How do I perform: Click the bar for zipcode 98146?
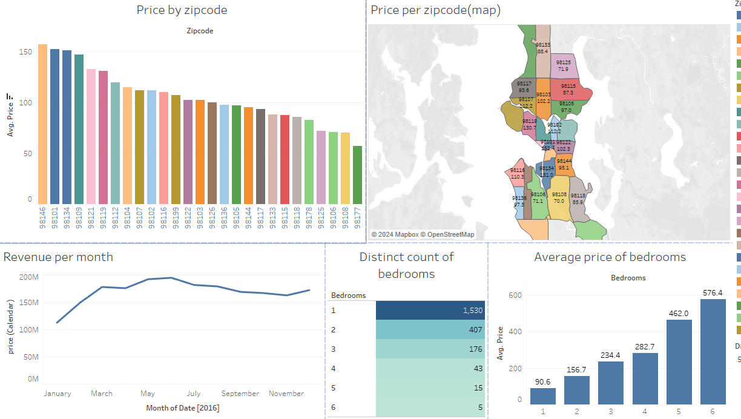(x=42, y=124)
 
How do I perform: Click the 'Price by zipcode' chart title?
(x=182, y=10)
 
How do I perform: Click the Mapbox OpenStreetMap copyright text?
(x=423, y=234)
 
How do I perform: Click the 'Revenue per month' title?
(x=58, y=257)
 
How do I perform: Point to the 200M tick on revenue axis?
(x=28, y=277)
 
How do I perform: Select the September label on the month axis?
(x=240, y=394)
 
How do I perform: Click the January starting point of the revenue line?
(x=56, y=323)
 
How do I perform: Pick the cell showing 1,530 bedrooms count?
(x=430, y=310)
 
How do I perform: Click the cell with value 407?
(x=430, y=330)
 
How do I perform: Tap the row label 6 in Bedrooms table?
(x=334, y=407)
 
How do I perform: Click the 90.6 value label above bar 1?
(x=542, y=381)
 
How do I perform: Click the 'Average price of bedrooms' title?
(x=610, y=257)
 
